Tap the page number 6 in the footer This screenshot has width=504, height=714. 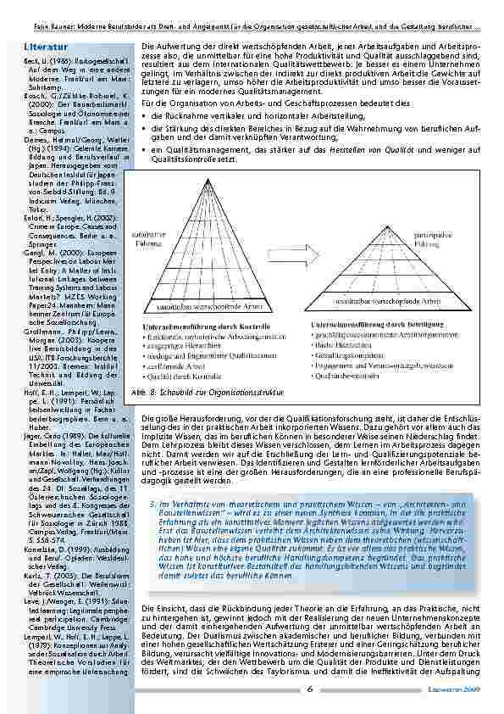point(311,689)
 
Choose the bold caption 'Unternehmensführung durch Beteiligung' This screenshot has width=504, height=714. point(379,323)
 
